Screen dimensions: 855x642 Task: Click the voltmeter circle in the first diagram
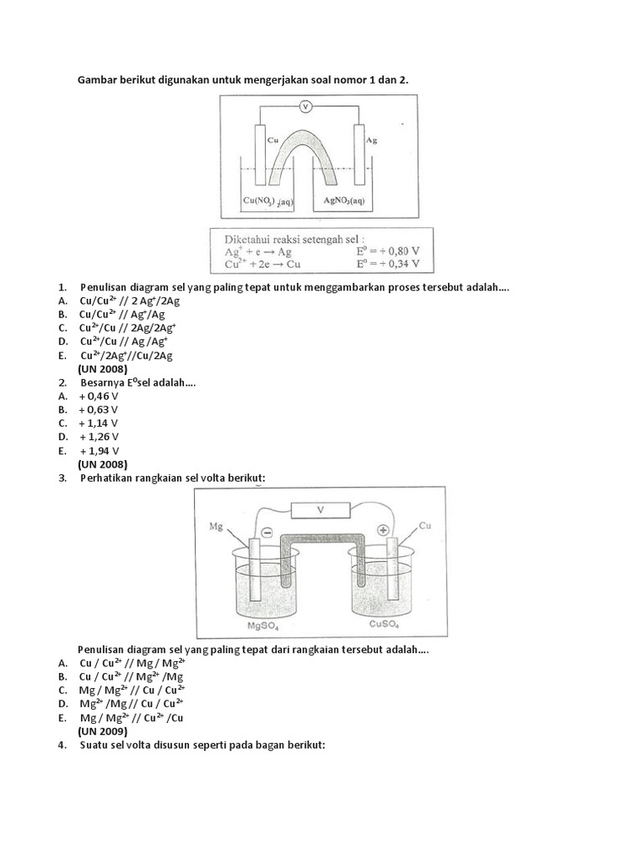(305, 106)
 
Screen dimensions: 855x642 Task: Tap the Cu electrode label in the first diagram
(272, 140)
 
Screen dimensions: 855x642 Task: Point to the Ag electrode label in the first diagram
(372, 140)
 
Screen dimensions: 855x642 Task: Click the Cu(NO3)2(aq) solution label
(268, 201)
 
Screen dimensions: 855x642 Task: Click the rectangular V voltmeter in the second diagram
(320, 510)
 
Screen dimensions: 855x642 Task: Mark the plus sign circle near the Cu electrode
(384, 529)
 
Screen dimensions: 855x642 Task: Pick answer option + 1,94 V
(100, 450)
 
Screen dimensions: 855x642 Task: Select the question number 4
(62, 745)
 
